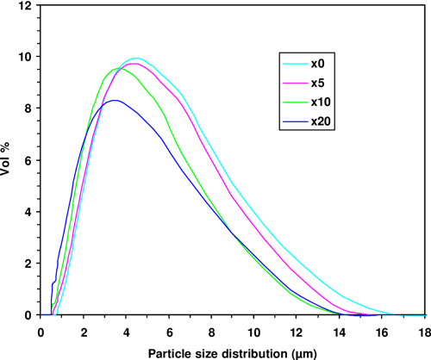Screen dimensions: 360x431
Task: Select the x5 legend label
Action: tap(318, 83)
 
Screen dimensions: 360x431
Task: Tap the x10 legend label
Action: tap(321, 102)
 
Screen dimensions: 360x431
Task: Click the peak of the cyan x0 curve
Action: tap(136, 59)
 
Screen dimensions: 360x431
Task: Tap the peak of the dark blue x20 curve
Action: tap(114, 101)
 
